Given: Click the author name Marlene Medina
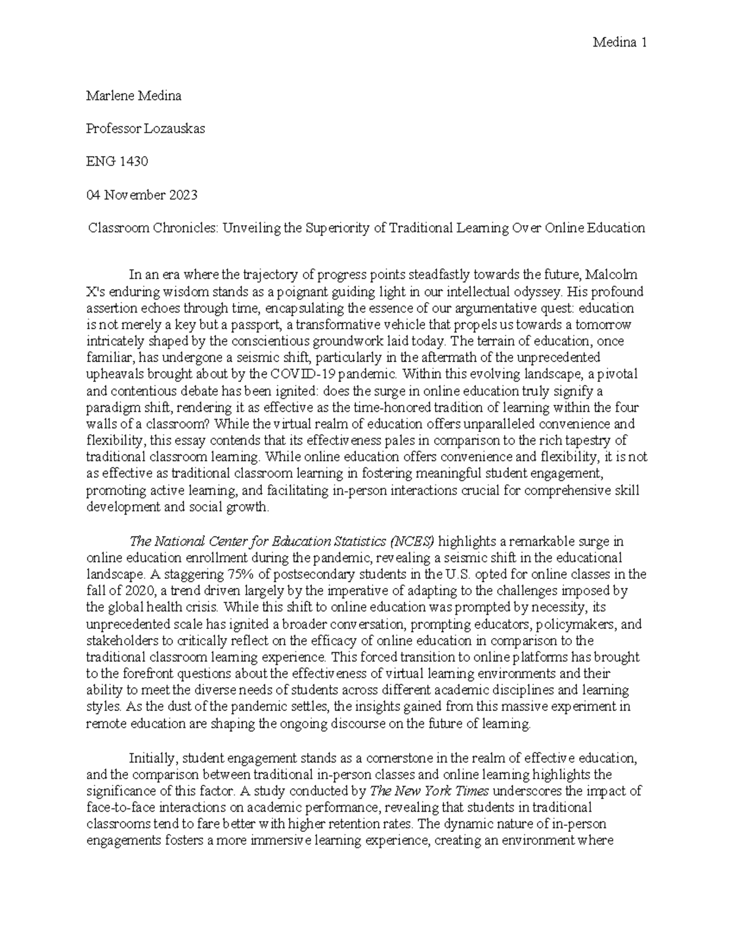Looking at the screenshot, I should point(134,96).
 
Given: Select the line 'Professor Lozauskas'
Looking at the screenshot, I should point(145,129).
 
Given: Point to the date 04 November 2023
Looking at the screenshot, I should point(142,195).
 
